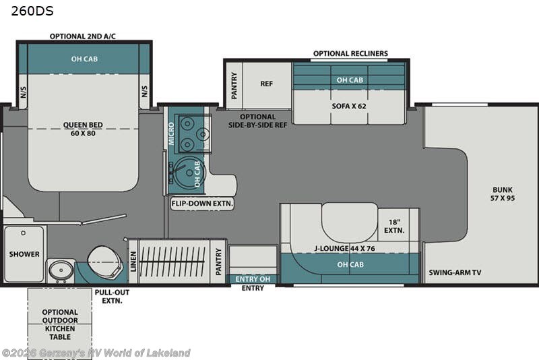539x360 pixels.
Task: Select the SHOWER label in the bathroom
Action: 24,254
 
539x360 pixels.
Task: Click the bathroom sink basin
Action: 61,270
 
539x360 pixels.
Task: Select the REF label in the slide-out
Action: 266,84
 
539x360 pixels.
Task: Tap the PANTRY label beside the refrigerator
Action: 234,86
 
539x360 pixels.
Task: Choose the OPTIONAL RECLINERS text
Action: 350,54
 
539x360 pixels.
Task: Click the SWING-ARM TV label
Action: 455,273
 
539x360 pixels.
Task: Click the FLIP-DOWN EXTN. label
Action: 202,203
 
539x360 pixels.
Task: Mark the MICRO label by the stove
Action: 171,133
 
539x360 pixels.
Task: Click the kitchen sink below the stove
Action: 181,171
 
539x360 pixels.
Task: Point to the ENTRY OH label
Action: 251,278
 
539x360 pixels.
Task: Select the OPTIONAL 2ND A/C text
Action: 83,36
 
